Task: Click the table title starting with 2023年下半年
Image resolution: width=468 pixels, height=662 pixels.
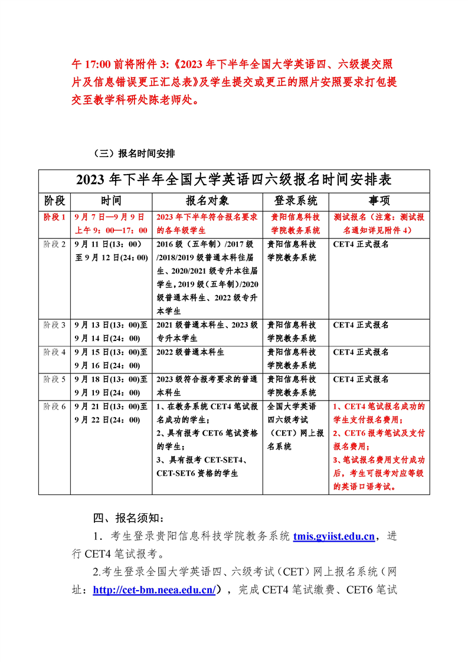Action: tap(234, 179)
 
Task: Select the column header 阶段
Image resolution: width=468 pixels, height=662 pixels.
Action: tap(54, 200)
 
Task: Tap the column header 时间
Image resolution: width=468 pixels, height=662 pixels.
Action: tap(111, 200)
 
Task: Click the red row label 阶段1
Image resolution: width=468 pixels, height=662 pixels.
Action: tap(55, 217)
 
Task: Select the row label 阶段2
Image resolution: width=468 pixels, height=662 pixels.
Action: tap(55, 244)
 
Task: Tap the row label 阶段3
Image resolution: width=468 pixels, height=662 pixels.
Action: tap(55, 325)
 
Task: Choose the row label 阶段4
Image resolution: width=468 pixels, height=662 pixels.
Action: tap(55, 352)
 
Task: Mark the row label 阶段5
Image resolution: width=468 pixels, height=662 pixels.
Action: tap(55, 379)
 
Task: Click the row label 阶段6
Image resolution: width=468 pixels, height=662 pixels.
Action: tap(55, 407)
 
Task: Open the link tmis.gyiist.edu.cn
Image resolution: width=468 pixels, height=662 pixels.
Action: tap(333, 536)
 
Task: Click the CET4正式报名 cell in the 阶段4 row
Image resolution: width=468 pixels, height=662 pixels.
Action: tap(361, 352)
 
